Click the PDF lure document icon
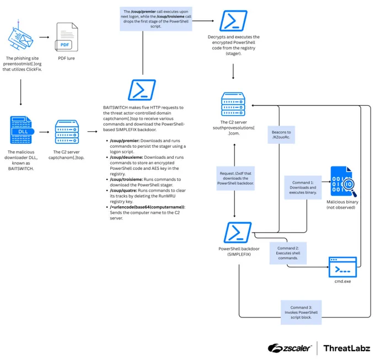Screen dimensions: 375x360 pyautogui.click(x=67, y=37)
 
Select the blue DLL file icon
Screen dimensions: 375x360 pyautogui.click(x=22, y=130)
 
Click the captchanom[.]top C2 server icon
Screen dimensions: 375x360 pyautogui.click(x=67, y=132)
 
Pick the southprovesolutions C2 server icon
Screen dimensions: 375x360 pyautogui.click(x=233, y=104)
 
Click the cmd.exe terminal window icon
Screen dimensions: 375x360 pyautogui.click(x=342, y=267)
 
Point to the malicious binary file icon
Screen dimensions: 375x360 pyautogui.click(x=343, y=181)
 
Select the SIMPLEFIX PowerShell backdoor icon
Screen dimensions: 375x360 pyautogui.click(x=238, y=232)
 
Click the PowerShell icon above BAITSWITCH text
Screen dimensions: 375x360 pyautogui.click(x=142, y=90)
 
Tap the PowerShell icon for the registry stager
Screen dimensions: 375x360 pyautogui.click(x=233, y=20)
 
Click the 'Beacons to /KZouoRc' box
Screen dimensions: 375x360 pyautogui.click(x=281, y=135)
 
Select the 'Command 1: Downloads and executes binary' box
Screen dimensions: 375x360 pyautogui.click(x=303, y=187)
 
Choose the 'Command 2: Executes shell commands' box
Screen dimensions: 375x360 pyautogui.click(x=288, y=253)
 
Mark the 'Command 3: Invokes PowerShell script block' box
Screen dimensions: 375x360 pyautogui.click(x=301, y=312)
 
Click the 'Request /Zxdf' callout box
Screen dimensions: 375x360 pyautogui.click(x=235, y=178)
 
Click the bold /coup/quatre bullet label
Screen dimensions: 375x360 pyautogui.click(x=124, y=191)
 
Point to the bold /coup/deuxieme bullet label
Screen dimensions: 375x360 pyautogui.click(x=126, y=157)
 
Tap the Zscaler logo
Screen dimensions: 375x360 pyautogui.click(x=290, y=348)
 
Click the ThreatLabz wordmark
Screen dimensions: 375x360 pyautogui.click(x=347, y=348)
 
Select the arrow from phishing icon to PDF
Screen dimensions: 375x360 pyautogui.click(x=44, y=37)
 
